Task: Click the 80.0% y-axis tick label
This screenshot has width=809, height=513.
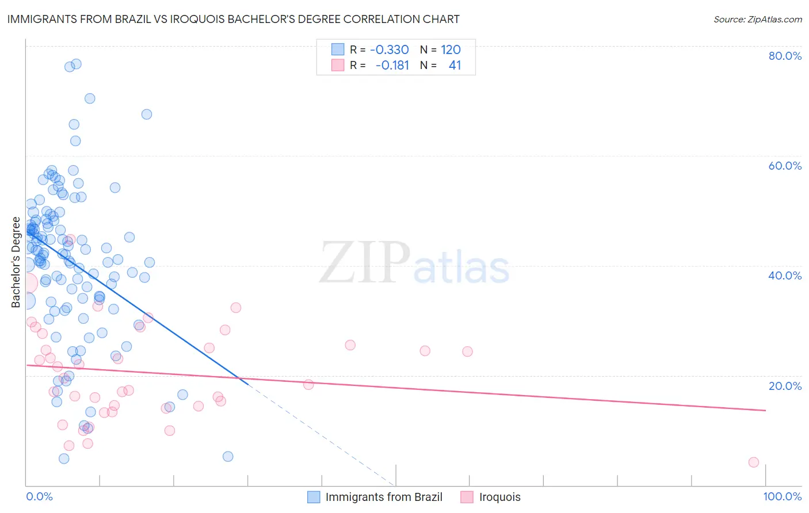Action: tap(785, 56)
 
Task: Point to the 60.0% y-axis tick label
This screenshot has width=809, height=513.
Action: tap(785, 166)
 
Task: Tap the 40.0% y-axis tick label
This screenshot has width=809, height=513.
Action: tap(785, 275)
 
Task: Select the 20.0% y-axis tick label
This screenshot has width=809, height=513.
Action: tap(785, 386)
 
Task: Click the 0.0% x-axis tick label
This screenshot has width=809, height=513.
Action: tap(39, 497)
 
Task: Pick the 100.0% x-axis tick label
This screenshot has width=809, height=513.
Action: tap(782, 497)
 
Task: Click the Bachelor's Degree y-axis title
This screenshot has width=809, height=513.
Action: tap(16, 262)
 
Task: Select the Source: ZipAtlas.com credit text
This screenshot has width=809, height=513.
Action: tap(757, 20)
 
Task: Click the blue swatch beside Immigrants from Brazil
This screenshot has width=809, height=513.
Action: tap(314, 497)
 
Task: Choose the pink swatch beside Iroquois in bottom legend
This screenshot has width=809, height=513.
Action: tap(467, 497)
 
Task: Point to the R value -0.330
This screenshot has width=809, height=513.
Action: tap(390, 50)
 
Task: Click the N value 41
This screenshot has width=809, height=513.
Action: tap(455, 66)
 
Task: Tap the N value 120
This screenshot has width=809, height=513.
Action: tap(451, 50)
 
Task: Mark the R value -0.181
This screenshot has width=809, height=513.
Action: tap(392, 66)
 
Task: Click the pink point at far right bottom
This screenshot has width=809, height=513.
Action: tap(753, 462)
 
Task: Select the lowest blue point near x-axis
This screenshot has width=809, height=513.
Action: tap(64, 458)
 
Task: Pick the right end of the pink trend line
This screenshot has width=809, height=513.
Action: tap(766, 410)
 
